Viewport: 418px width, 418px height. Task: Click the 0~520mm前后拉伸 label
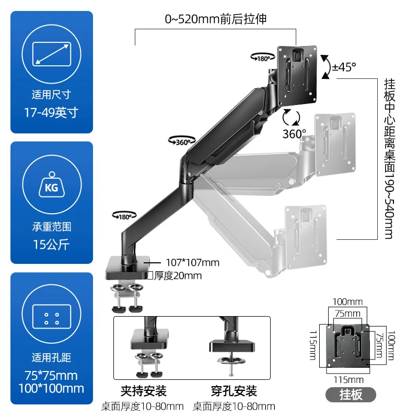pos(216,20)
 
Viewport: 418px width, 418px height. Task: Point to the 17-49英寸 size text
pos(51,112)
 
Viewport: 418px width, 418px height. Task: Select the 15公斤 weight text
pos(51,243)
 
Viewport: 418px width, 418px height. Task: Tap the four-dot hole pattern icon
pos(51,318)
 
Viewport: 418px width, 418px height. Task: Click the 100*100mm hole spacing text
pos(51,388)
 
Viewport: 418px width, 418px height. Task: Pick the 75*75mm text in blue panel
pos(51,375)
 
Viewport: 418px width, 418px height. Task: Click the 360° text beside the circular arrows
pos(295,134)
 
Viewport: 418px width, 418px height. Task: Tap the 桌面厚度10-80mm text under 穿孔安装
pos(234,406)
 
